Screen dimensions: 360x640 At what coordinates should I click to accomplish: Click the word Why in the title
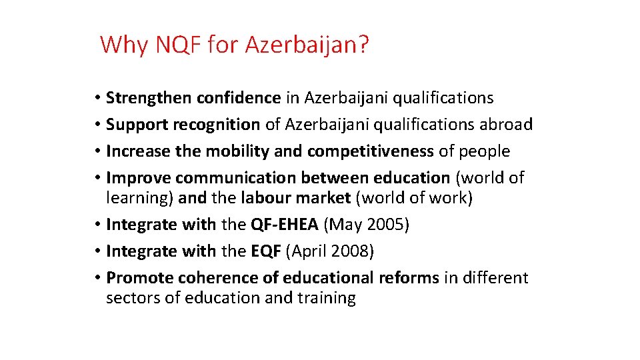coord(125,45)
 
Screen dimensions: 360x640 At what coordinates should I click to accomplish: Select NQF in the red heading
coord(178,45)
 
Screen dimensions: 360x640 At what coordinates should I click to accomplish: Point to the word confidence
coord(239,98)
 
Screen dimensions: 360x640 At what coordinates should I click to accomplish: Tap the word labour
coord(265,198)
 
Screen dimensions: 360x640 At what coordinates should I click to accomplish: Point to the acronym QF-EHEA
coord(285,225)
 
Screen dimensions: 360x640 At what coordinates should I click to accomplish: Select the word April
coord(309,251)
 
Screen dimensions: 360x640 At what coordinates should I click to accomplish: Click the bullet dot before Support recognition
coord(97,125)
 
